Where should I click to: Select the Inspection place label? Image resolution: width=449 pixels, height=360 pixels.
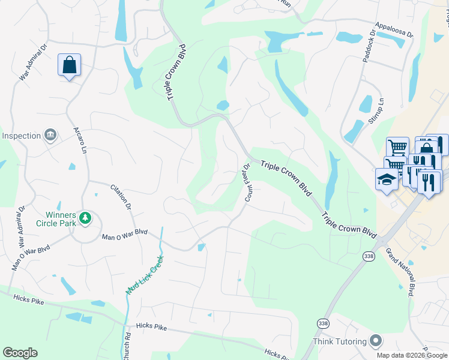(x=21, y=136)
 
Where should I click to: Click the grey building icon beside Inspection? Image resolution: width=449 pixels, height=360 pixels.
(x=51, y=134)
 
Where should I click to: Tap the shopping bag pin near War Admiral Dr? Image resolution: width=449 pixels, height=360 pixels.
(x=69, y=65)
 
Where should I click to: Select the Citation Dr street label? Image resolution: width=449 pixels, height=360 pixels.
(x=121, y=197)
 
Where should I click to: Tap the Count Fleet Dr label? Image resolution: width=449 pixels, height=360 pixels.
(x=248, y=182)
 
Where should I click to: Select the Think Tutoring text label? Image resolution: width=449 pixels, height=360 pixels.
(x=340, y=341)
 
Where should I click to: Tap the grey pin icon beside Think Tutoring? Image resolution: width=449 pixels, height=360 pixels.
(x=376, y=341)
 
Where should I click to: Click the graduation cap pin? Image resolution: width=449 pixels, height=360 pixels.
(x=386, y=179)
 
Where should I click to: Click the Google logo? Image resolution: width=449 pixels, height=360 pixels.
(x=20, y=353)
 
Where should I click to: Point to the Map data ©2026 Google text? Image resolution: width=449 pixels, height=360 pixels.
(x=412, y=355)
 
